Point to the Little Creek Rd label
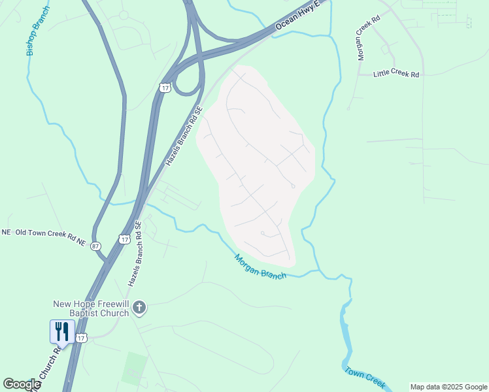pos(396,74)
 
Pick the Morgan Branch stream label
pos(260,267)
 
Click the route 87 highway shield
pos(96,246)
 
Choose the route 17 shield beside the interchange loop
pos(165,88)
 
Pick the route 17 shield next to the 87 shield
pos(124,240)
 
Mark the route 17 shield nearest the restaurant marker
pos(80,337)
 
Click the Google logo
pos(22,384)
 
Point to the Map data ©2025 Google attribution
pos(448,387)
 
